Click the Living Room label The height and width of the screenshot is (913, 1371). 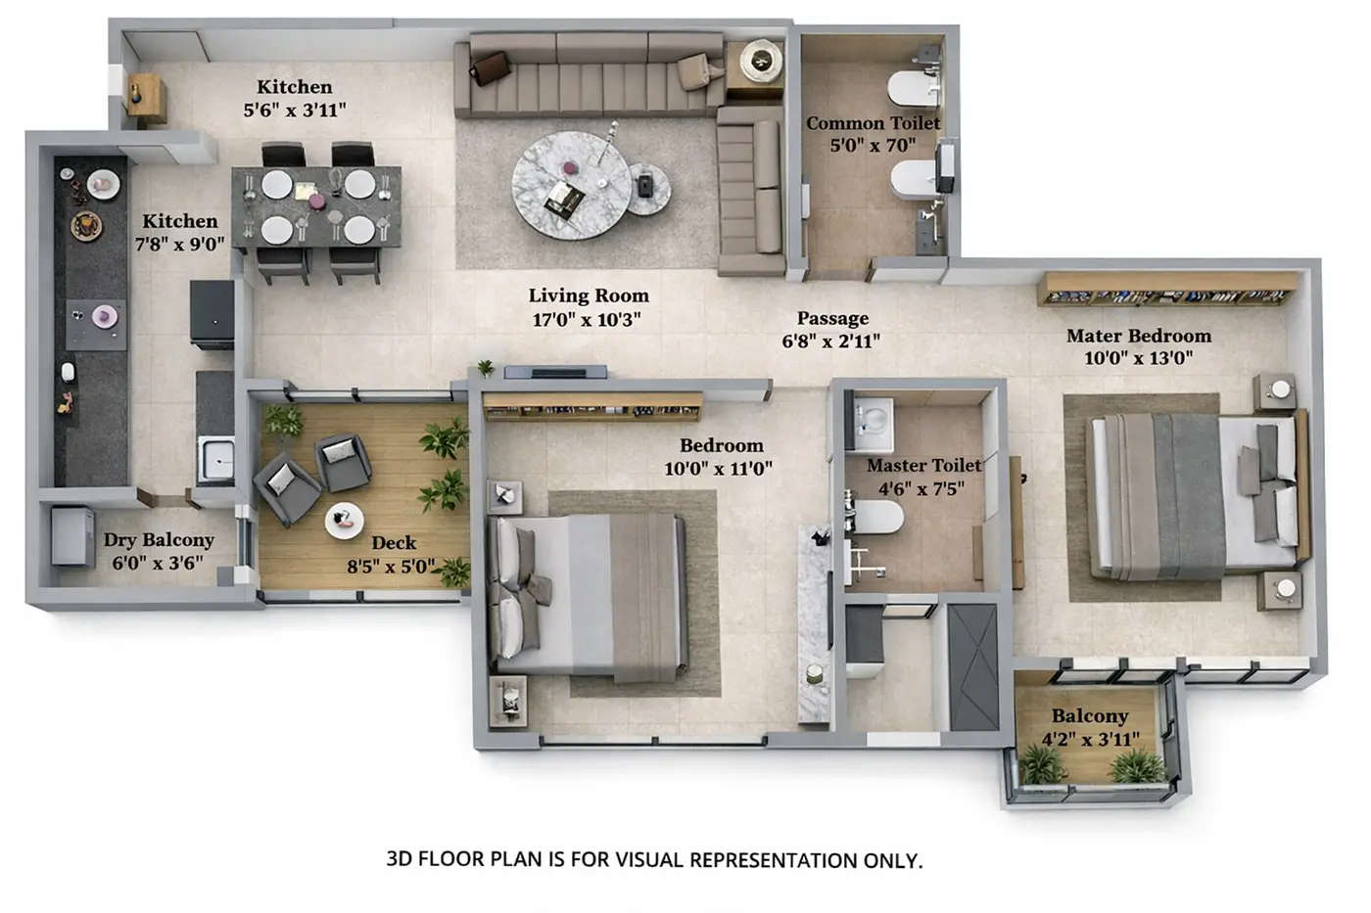589,296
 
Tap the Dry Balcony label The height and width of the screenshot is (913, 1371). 159,540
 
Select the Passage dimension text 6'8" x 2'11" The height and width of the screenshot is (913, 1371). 830,342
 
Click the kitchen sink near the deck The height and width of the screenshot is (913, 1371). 215,459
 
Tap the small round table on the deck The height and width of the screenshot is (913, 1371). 344,520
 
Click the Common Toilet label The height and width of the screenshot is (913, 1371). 873,123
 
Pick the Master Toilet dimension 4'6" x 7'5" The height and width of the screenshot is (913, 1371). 921,488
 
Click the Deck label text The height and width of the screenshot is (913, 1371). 394,543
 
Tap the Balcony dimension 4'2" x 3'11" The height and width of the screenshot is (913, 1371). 1090,740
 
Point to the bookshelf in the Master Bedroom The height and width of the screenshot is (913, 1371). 1167,290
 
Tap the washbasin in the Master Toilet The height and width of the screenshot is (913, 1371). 871,418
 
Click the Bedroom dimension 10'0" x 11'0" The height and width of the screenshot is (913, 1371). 718,469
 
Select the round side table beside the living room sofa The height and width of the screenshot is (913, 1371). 760,62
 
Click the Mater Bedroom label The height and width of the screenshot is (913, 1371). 1138,336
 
